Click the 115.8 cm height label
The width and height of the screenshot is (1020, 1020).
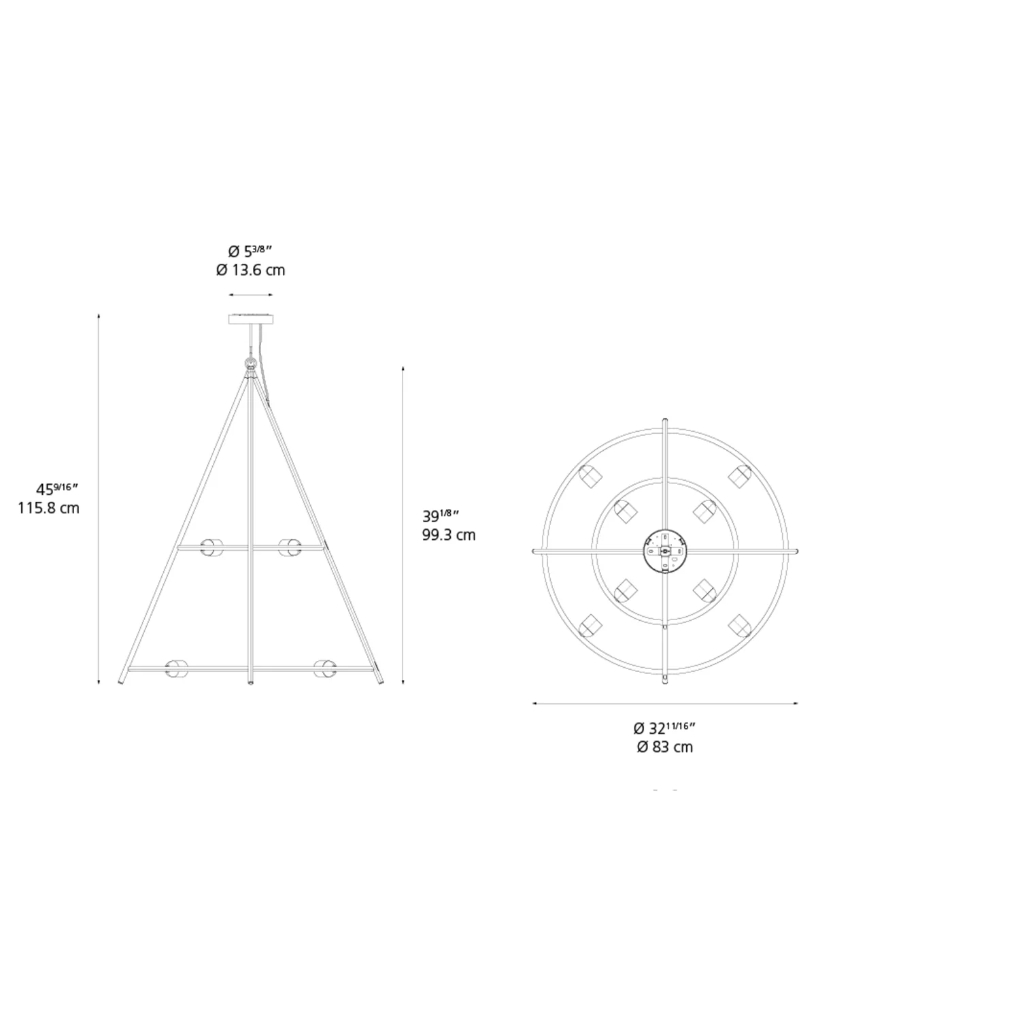tap(49, 508)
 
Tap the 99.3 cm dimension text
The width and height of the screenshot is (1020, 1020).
tap(449, 534)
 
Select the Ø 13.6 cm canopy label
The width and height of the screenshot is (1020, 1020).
tap(251, 270)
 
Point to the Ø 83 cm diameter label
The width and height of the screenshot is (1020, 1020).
tap(665, 747)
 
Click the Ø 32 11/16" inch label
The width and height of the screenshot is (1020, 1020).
tap(664, 728)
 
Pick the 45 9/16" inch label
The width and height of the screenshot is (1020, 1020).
tap(58, 488)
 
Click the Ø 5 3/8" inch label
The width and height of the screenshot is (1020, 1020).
tap(251, 250)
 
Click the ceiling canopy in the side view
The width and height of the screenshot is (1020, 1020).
tap(251, 319)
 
